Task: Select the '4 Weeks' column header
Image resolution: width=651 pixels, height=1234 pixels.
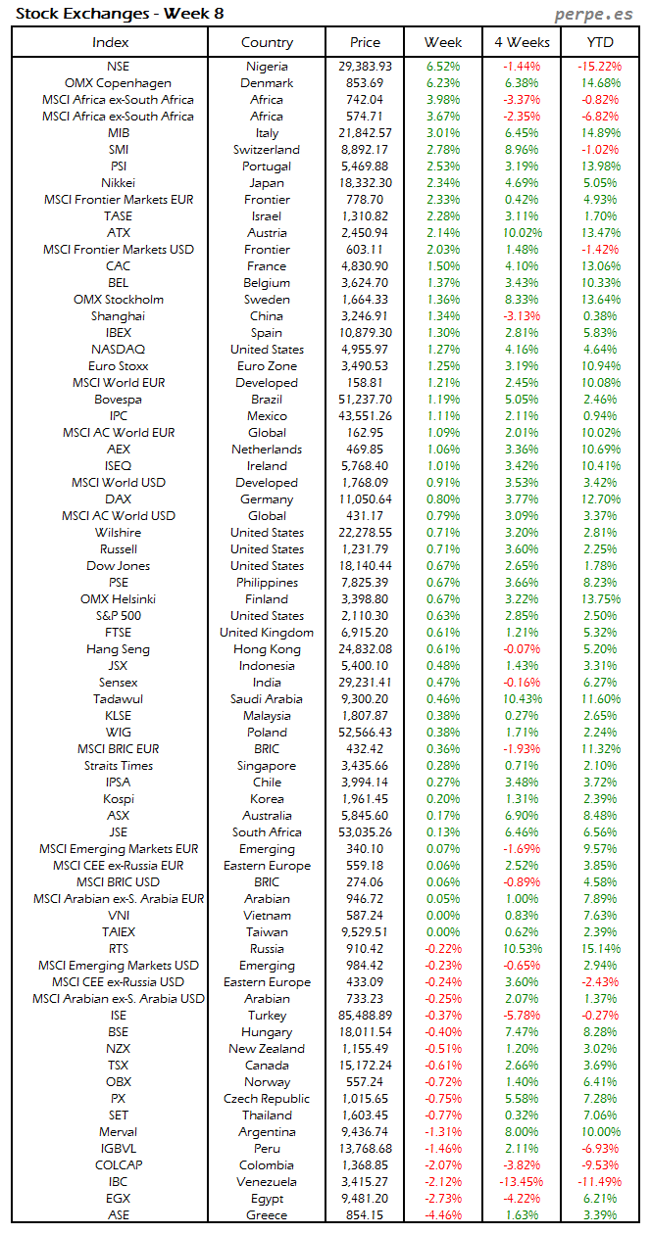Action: [522, 42]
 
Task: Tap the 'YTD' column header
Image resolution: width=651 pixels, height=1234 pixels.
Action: [599, 42]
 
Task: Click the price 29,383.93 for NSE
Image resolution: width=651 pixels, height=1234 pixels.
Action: [365, 67]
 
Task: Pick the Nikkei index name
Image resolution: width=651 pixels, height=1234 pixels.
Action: [118, 183]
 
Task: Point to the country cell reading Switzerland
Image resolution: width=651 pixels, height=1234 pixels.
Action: [267, 150]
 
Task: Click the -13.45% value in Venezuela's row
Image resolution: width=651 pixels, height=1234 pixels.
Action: [521, 1182]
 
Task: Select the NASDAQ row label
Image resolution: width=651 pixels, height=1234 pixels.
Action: [118, 350]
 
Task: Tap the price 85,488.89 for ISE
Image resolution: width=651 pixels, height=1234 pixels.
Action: [365, 1016]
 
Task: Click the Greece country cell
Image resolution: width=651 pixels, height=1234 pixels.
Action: [267, 1215]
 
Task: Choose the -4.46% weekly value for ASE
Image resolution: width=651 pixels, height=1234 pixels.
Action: [442, 1215]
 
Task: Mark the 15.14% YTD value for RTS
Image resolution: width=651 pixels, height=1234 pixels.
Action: [599, 949]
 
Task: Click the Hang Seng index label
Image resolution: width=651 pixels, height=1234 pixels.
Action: [118, 649]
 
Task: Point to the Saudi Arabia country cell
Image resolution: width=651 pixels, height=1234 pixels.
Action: [267, 699]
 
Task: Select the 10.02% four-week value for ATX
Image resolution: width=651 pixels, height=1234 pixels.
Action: [521, 233]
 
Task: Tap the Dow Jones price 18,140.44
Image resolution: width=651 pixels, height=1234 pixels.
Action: [365, 566]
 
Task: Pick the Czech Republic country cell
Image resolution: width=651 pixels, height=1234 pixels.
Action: [267, 1099]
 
